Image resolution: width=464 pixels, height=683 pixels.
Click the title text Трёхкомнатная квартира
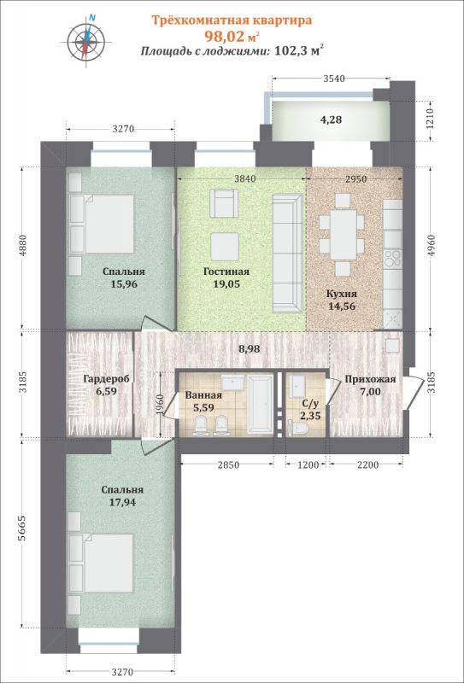(x=232, y=20)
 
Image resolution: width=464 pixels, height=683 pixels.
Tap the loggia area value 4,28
(x=331, y=120)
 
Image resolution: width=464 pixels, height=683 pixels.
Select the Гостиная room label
(x=226, y=271)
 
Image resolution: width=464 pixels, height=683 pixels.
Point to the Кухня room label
(x=343, y=293)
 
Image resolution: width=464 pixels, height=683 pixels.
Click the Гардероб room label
(x=106, y=379)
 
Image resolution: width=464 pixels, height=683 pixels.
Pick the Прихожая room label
(x=370, y=379)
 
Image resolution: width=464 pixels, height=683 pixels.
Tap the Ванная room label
(x=203, y=395)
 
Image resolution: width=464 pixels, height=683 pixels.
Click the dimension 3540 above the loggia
(x=333, y=79)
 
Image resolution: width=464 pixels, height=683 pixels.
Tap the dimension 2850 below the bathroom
(x=228, y=464)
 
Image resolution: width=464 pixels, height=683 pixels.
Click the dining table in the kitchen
(x=343, y=235)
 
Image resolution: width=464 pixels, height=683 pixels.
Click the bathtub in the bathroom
(x=260, y=404)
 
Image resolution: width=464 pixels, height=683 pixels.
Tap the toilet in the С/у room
(x=299, y=426)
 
